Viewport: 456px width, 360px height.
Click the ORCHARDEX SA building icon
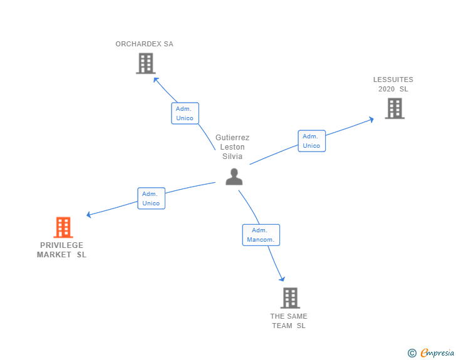coord(145,63)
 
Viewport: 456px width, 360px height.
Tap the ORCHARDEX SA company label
coord(144,44)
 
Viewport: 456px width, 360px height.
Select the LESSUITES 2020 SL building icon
coord(394,108)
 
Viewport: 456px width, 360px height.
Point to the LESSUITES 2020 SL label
coord(393,85)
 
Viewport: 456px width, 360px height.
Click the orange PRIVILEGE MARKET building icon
coord(63,227)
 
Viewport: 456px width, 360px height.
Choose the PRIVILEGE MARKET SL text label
coord(61,250)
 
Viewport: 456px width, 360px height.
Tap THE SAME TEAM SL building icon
coord(289,298)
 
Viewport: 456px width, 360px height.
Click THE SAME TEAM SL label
coord(289,321)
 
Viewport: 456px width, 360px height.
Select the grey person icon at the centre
coord(234,177)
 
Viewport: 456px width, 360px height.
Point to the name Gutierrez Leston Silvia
coord(232,147)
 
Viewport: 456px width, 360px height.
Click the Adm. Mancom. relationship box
coord(261,235)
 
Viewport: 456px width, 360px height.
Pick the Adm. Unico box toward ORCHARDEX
coord(185,113)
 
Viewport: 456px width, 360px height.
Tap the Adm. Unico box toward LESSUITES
coord(311,141)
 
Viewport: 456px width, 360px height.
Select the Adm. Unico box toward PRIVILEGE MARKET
coord(151,198)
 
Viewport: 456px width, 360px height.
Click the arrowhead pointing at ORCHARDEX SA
coord(156,80)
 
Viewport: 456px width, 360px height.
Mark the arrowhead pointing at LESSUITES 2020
coord(371,118)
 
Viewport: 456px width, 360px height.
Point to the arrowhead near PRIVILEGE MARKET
coord(89,215)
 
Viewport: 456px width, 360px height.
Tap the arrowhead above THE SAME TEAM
coord(282,279)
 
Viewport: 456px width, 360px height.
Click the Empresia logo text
coord(437,353)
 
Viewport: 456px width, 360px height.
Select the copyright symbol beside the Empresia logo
coord(412,353)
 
